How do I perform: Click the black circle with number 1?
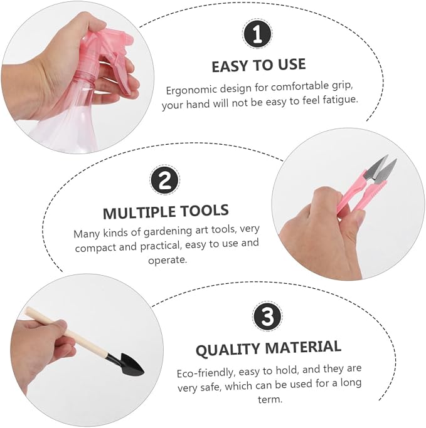click(x=257, y=34)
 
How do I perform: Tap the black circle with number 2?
click(x=165, y=180)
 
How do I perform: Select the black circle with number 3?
click(x=267, y=316)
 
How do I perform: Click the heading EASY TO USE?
click(x=258, y=66)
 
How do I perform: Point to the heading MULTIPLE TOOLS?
click(x=166, y=211)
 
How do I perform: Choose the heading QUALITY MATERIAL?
click(x=269, y=348)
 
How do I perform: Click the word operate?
click(x=168, y=260)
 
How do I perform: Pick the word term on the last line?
click(x=270, y=400)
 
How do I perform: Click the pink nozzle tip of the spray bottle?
click(x=129, y=39)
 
